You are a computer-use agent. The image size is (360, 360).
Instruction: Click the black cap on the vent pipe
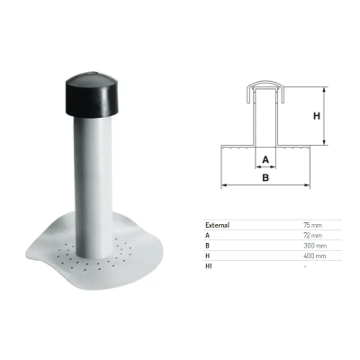tap(92, 94)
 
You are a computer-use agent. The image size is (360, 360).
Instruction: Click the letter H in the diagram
tap(317, 116)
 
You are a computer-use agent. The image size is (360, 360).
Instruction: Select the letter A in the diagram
tap(265, 159)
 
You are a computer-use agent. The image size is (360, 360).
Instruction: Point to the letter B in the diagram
tap(265, 177)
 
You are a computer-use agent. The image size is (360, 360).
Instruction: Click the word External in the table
tap(217, 225)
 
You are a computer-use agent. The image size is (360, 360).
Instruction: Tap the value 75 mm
tap(312, 225)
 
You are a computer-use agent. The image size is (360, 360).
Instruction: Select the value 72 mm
tap(312, 235)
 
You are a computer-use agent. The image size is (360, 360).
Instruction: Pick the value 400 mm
tap(315, 256)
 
